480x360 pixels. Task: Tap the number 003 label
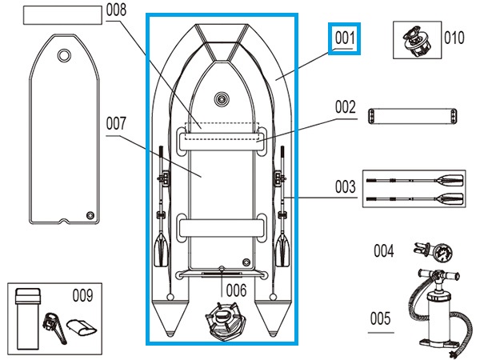345,187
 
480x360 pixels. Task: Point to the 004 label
383,250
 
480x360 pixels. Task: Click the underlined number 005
380,318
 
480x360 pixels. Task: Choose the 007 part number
116,124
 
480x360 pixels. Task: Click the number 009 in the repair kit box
82,294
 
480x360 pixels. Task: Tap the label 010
454,37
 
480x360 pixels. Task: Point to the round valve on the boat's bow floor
222,101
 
